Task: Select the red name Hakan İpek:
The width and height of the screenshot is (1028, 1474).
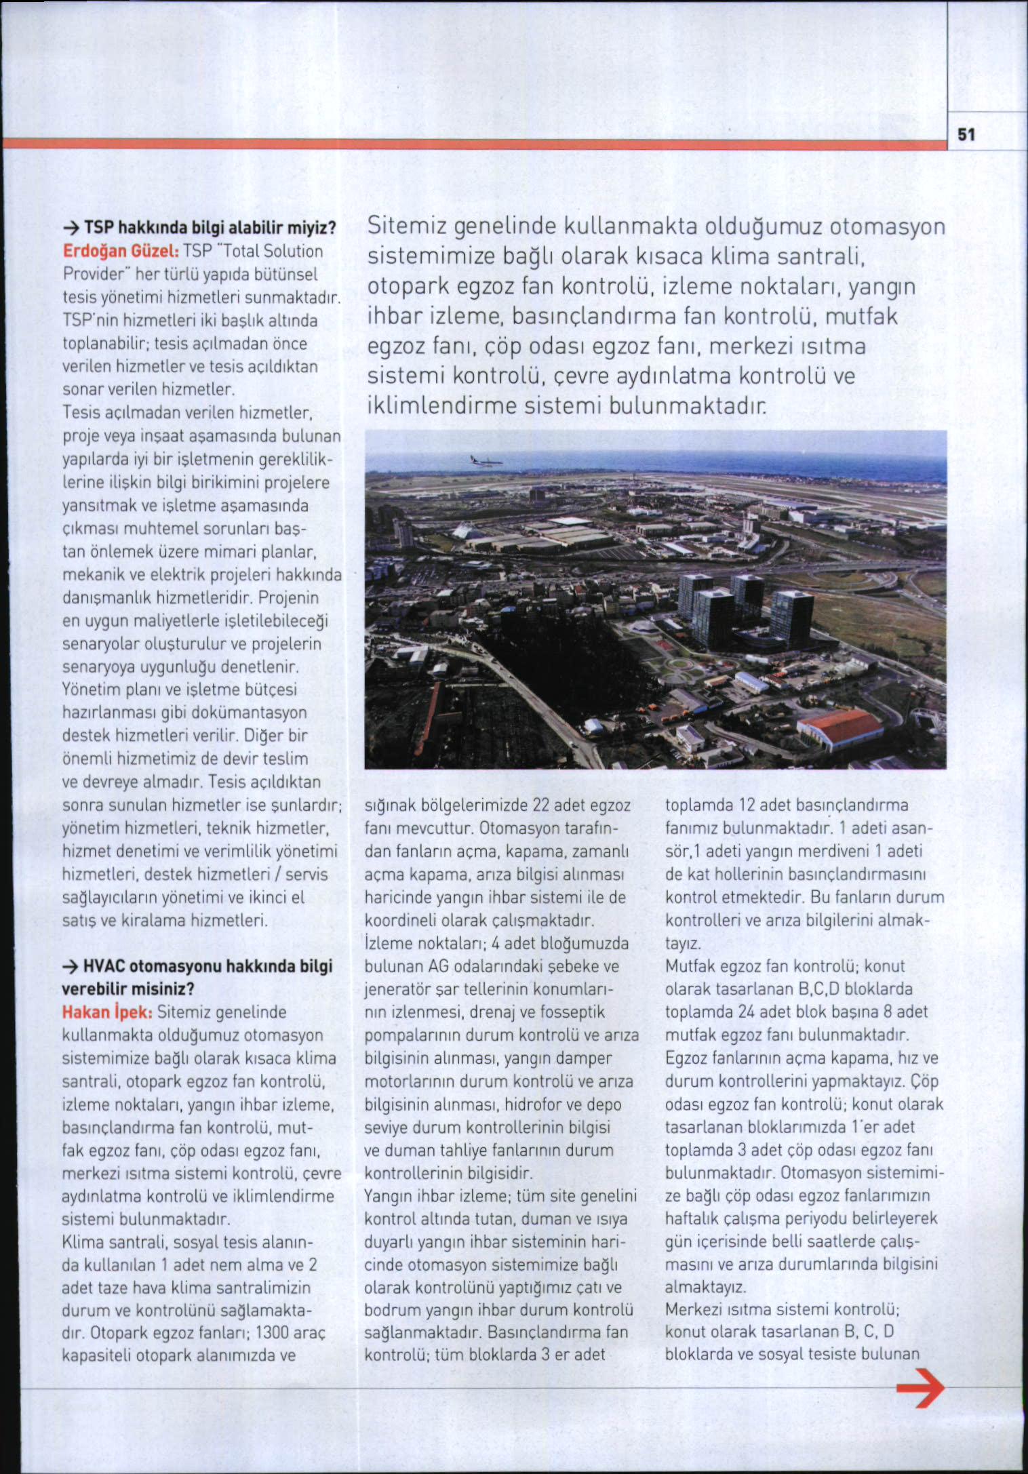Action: [106, 1012]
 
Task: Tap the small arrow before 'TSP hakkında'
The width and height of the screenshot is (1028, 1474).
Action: [71, 226]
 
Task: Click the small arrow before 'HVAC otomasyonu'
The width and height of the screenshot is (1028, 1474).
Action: [71, 965]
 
